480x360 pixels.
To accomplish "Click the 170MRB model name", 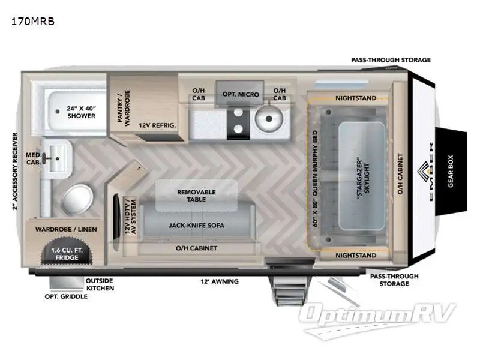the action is (33, 22).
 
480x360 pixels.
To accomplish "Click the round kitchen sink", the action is (269, 118).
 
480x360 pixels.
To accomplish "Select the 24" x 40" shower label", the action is (81, 112).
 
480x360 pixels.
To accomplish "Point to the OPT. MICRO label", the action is (241, 94).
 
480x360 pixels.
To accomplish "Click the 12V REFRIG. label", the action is (157, 125).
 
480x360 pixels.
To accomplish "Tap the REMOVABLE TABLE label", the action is (196, 196).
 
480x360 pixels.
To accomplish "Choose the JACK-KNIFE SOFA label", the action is (196, 226).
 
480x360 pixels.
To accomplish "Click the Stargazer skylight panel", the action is (362, 176).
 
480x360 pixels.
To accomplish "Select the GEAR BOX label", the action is (451, 171).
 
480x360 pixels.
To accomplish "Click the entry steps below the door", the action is (290, 291).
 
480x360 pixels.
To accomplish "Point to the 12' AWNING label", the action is (220, 281).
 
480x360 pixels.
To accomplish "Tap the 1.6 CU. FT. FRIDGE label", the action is (67, 254).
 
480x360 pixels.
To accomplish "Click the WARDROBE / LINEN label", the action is (66, 229).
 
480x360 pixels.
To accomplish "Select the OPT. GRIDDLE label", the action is (66, 296).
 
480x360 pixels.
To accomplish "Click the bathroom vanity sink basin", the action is (57, 158).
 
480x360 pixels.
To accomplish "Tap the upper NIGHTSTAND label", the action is (356, 98).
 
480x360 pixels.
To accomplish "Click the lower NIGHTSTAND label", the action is (356, 256).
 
